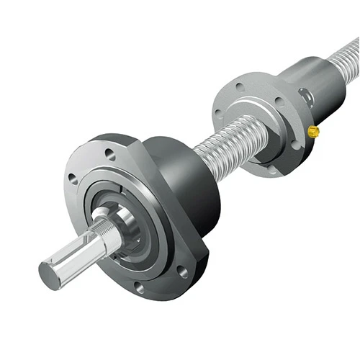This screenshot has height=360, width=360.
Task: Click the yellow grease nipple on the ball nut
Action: coord(314,130)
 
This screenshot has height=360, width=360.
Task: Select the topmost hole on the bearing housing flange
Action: coord(109,153)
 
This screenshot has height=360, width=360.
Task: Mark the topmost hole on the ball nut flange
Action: coord(240,89)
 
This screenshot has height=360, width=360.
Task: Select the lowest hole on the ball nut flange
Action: coord(272,170)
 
